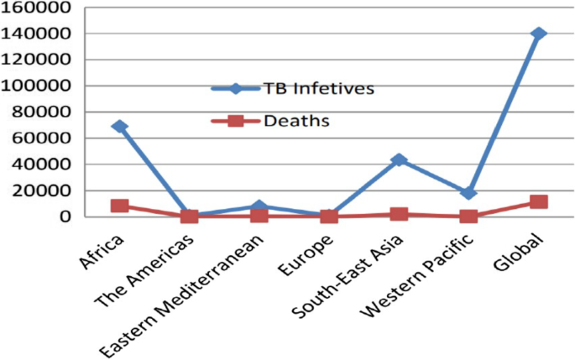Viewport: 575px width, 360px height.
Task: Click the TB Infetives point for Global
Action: coord(538,34)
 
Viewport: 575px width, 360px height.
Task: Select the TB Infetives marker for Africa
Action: coord(119,127)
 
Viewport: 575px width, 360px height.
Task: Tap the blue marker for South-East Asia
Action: coord(399,159)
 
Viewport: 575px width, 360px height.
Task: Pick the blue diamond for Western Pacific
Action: coord(468,193)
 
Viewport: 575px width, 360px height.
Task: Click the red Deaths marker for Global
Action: coord(538,202)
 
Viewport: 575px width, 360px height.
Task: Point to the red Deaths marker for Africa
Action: coord(119,206)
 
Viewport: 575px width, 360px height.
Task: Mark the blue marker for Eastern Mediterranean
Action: coord(259,206)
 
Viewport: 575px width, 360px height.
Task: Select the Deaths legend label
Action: coord(295,121)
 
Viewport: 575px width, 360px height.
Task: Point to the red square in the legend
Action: coord(236,121)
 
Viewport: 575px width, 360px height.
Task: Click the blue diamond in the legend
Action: coord(236,89)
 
